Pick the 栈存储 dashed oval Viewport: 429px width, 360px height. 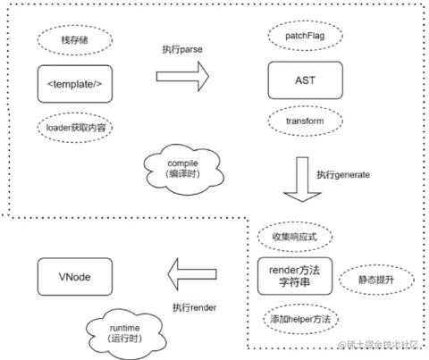click(x=76, y=40)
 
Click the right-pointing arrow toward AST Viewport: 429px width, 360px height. click(x=186, y=78)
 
